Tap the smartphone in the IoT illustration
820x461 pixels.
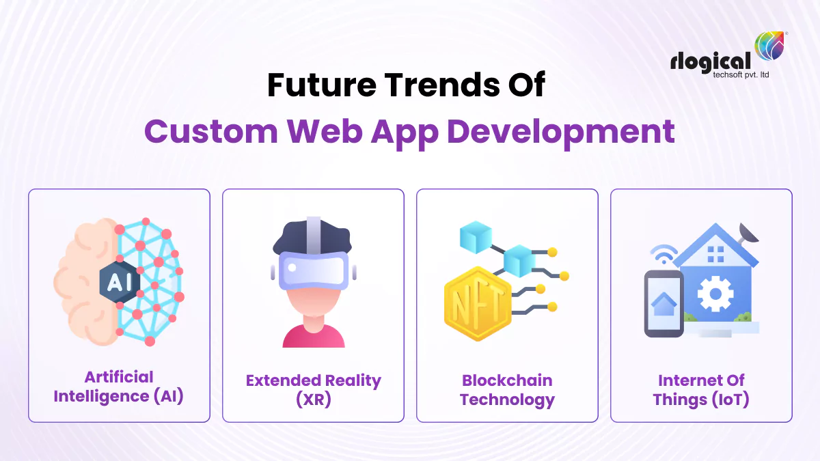(x=664, y=303)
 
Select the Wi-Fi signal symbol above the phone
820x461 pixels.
(x=663, y=255)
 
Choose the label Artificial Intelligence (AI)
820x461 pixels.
(x=119, y=387)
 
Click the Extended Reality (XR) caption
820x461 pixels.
(x=313, y=389)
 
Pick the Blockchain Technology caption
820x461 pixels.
(x=507, y=389)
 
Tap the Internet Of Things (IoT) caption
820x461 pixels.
(x=701, y=389)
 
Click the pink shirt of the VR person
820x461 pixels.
(x=313, y=336)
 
